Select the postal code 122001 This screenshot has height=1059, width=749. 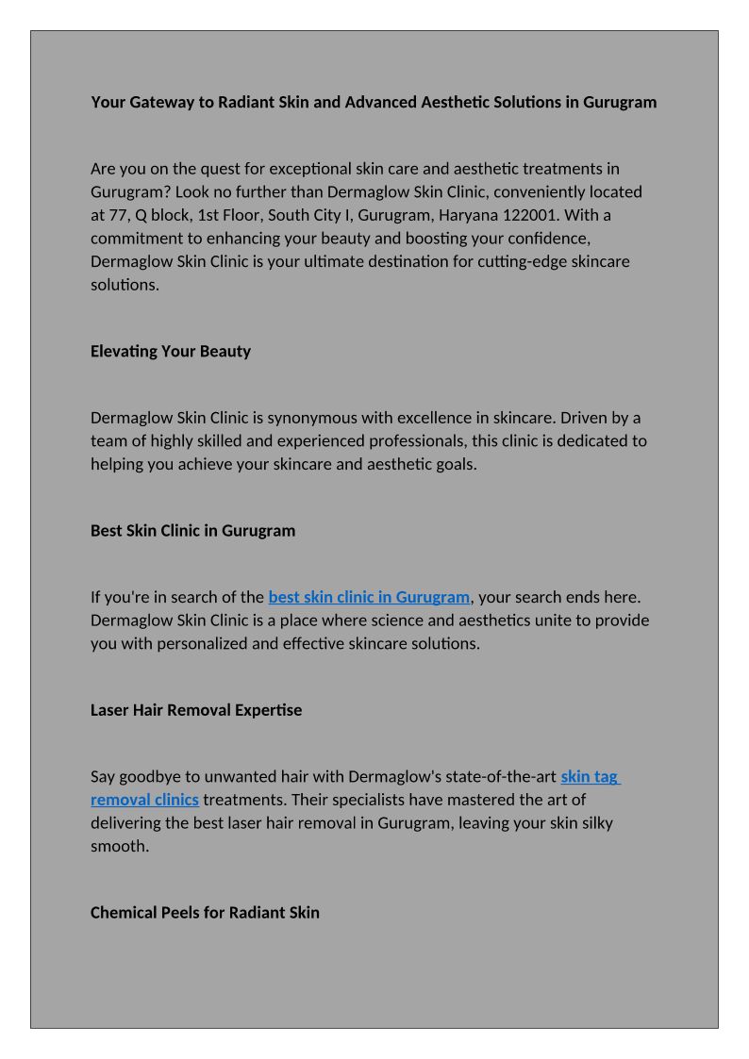(526, 215)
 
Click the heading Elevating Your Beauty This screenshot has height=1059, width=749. (171, 351)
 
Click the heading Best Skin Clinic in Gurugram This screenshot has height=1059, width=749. (192, 530)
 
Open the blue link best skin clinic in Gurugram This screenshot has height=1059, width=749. (369, 597)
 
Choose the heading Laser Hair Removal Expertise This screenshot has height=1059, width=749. (196, 709)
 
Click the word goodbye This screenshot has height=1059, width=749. (158, 776)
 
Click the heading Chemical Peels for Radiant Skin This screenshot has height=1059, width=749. (205, 912)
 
